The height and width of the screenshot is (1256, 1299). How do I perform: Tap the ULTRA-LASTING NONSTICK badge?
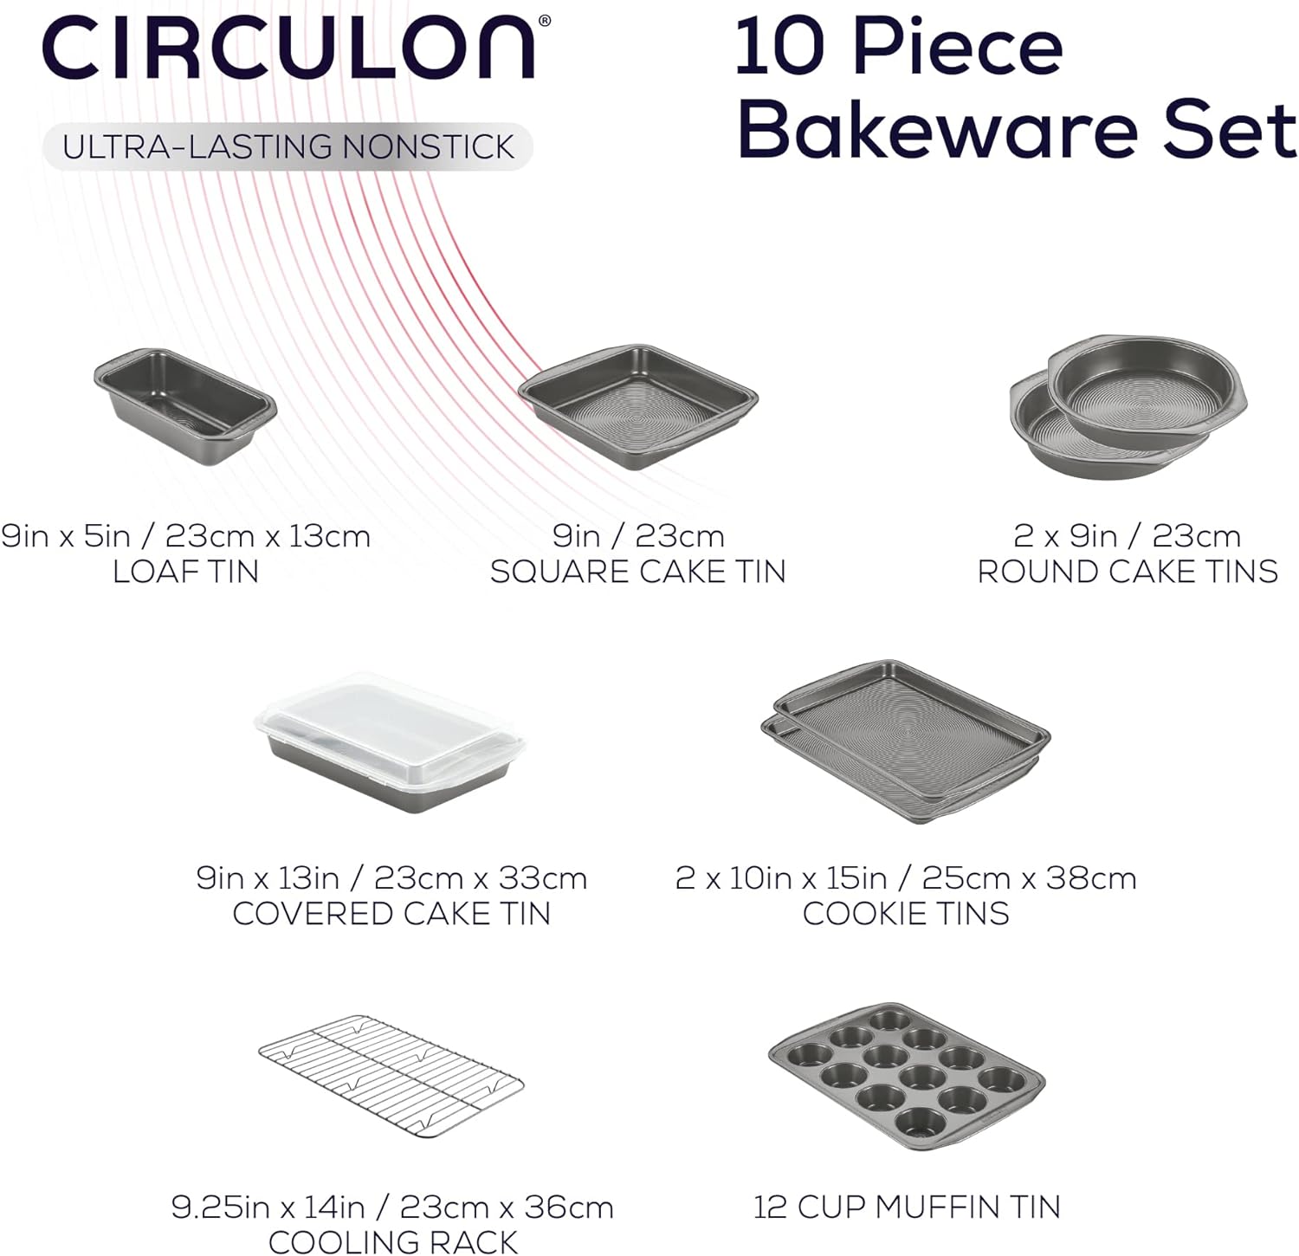pyautogui.click(x=288, y=146)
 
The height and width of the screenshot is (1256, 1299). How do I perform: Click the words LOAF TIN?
pyautogui.click(x=185, y=572)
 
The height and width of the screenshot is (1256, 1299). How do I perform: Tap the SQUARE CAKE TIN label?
pyautogui.click(x=638, y=572)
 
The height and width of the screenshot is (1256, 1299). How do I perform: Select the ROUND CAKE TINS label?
pyautogui.click(x=1128, y=572)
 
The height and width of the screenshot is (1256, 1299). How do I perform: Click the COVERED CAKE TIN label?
pyautogui.click(x=391, y=914)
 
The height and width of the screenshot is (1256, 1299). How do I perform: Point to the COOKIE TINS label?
pyautogui.click(x=906, y=914)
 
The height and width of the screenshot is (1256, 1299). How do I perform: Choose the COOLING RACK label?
pyautogui.click(x=393, y=1242)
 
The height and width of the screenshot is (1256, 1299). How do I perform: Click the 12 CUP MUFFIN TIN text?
pyautogui.click(x=907, y=1207)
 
